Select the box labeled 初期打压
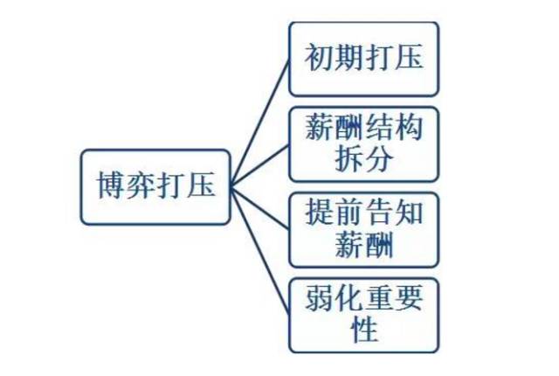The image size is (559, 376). tap(363, 59)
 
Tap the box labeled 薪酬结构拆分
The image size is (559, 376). tap(363, 143)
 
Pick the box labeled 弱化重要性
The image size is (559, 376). tap(363, 314)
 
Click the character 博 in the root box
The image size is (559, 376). tap(108, 186)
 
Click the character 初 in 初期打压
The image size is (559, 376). tap(320, 59)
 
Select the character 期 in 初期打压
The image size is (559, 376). tap(349, 59)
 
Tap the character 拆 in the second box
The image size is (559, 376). tap(349, 159)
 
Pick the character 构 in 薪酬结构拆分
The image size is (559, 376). tap(408, 129)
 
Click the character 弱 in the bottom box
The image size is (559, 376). tap(320, 299)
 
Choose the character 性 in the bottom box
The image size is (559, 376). tap(363, 331)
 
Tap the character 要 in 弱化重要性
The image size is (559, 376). tap(408, 299)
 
